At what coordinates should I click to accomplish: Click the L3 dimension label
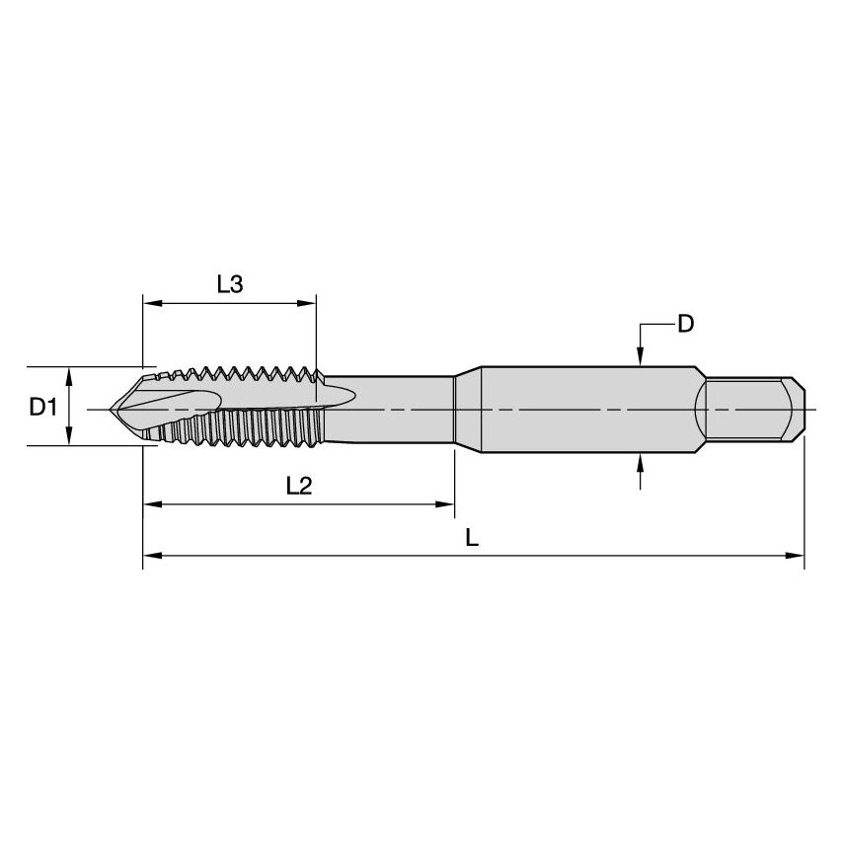coord(229,284)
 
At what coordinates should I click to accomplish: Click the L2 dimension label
coord(298,485)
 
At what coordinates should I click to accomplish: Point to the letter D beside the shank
coord(685,324)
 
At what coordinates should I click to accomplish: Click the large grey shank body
coord(582,408)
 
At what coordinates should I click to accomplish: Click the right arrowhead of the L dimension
coord(797,556)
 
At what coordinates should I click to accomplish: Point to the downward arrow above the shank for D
coord(641,357)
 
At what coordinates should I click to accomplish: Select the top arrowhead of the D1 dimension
coord(68,374)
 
